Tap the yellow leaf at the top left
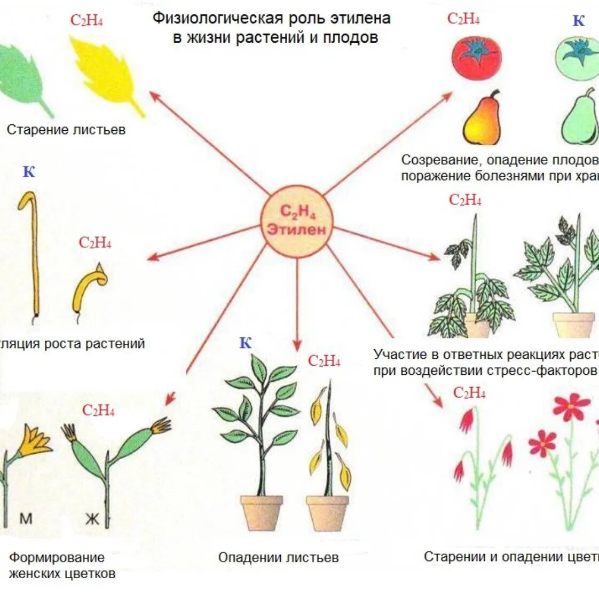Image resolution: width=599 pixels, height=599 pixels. pyautogui.click(x=107, y=75)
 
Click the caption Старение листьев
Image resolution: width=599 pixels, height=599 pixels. pyautogui.click(x=66, y=130)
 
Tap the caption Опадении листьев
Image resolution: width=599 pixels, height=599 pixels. pyautogui.click(x=278, y=558)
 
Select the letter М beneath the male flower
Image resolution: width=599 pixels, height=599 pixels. pyautogui.click(x=26, y=518)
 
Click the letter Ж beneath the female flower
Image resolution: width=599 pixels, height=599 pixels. pyautogui.click(x=92, y=518)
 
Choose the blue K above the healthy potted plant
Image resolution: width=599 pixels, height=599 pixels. pyautogui.click(x=245, y=343)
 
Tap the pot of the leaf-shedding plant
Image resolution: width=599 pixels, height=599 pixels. pyautogui.click(x=327, y=513)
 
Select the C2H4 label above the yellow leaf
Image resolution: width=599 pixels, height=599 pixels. pyautogui.click(x=86, y=21)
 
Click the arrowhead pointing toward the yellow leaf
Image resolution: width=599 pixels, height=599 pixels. pyautogui.click(x=153, y=94)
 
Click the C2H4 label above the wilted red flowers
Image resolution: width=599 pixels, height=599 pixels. pyautogui.click(x=469, y=393)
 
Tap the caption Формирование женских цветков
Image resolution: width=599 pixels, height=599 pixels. pyautogui.click(x=61, y=566)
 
